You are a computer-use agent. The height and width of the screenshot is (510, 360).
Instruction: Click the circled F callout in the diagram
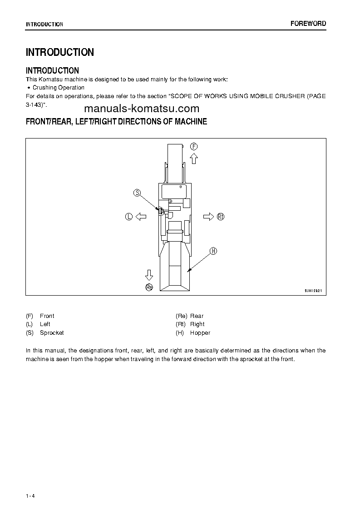(194, 146)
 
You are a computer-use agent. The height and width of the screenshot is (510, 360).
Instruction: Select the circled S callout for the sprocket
(137, 193)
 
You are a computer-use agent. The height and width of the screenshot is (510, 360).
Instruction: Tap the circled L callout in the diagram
(128, 217)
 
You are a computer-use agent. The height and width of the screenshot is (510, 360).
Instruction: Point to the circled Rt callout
(221, 217)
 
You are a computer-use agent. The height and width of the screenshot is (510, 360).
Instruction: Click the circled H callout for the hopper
(213, 251)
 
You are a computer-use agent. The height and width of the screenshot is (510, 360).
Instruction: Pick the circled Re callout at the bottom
(149, 287)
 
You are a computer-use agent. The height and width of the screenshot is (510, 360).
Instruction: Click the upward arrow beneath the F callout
(194, 158)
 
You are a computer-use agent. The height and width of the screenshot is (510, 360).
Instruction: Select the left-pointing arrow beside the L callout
(141, 217)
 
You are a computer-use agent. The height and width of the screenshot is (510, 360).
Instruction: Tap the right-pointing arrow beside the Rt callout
(208, 217)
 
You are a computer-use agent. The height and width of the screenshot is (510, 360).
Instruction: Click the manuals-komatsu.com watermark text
(142, 109)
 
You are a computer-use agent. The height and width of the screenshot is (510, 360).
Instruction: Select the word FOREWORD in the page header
(308, 24)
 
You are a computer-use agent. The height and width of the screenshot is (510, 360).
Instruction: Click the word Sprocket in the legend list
(52, 333)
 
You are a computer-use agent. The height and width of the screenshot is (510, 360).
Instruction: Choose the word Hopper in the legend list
(200, 333)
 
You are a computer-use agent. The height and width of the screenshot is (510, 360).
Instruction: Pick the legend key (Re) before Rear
(182, 316)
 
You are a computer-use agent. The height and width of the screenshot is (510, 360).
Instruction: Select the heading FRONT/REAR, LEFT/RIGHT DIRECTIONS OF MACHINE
(117, 122)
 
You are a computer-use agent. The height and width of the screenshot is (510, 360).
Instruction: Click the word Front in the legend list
(47, 316)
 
